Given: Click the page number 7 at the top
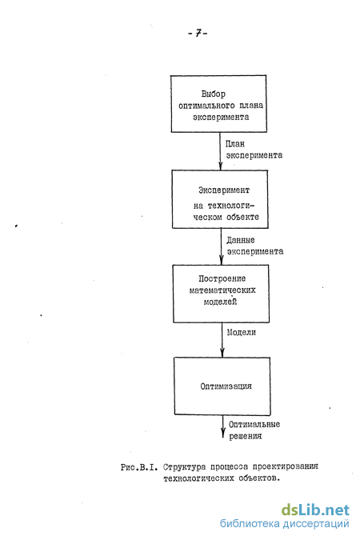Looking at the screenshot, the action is (198, 33).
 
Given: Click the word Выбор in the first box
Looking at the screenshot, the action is (214, 94).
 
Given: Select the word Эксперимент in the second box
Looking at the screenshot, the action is (223, 190).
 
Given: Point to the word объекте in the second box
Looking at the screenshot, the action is (242, 217).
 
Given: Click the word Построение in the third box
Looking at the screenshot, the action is (222, 278).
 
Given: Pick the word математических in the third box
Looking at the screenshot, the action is (222, 290).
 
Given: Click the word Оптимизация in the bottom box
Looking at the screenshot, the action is (226, 386).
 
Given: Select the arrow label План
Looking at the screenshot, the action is (235, 144).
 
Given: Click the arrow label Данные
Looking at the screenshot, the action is (241, 240).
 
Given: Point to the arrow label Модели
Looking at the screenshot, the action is (241, 332).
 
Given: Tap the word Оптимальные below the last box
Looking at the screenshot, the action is (254, 424).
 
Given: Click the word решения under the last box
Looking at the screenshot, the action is (246, 436).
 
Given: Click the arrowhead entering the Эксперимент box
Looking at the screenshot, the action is (221, 166).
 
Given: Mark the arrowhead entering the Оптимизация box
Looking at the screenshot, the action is (222, 353).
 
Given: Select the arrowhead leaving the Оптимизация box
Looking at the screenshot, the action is (223, 434).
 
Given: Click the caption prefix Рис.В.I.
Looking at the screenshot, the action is (139, 467).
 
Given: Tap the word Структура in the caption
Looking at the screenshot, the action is (184, 467).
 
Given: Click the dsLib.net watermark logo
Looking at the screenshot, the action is (315, 510).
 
